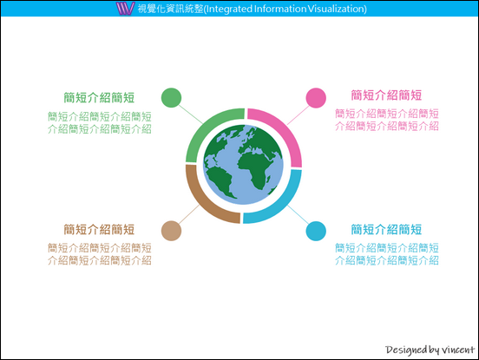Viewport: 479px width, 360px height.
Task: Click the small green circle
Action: click(x=171, y=98)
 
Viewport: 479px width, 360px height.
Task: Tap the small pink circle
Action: click(x=316, y=98)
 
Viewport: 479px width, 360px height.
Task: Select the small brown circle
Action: click(x=171, y=231)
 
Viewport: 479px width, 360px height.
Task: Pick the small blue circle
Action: click(x=316, y=231)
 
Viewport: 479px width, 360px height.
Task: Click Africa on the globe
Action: click(x=256, y=167)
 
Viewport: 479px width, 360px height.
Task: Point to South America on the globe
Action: click(x=220, y=180)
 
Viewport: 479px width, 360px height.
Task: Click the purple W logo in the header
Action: click(x=125, y=9)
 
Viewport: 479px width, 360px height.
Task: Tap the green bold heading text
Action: click(x=99, y=98)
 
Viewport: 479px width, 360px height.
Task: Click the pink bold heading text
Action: click(x=386, y=95)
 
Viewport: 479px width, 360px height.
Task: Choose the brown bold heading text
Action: click(x=99, y=229)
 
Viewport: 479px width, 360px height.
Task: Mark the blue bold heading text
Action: click(x=386, y=229)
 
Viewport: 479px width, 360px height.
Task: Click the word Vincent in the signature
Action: click(x=458, y=350)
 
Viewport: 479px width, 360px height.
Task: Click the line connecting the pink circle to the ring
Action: click(x=299, y=115)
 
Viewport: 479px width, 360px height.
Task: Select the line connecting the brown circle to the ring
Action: click(x=189, y=214)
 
